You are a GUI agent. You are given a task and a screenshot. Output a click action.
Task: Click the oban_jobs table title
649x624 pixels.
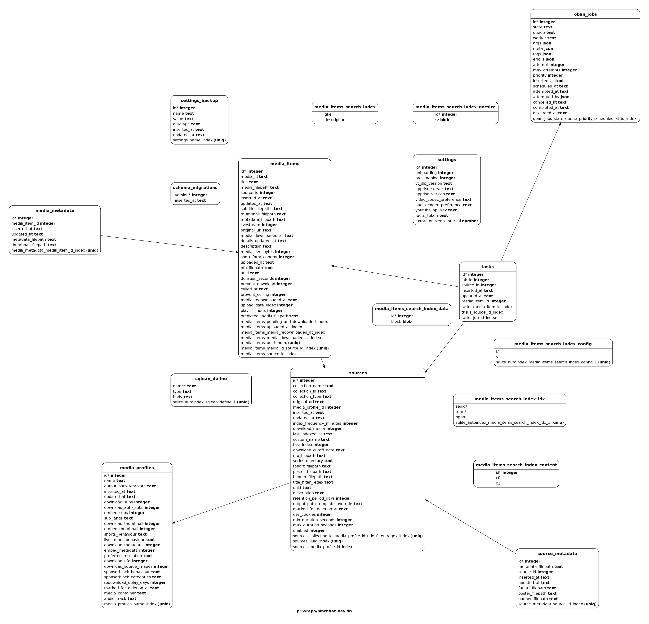click(585, 14)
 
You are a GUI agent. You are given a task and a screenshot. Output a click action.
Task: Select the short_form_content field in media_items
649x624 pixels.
click(267, 257)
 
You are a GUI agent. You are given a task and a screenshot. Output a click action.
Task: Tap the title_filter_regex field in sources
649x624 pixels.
click(313, 482)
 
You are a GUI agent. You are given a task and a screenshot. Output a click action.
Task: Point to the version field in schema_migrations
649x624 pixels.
click(191, 195)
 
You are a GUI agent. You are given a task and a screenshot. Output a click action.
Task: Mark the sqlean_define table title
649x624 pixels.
click(211, 379)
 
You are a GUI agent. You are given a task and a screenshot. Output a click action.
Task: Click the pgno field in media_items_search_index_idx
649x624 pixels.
click(460, 417)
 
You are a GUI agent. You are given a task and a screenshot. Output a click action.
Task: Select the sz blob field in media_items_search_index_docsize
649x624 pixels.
click(442, 120)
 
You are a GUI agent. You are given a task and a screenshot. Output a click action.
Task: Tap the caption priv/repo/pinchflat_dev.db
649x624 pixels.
click(324, 611)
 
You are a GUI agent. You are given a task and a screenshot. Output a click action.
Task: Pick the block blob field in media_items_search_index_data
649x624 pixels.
click(401, 321)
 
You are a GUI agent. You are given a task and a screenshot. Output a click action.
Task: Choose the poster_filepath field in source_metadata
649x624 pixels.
click(537, 593)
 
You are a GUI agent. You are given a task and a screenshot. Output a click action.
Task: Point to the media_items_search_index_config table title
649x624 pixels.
click(553, 344)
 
